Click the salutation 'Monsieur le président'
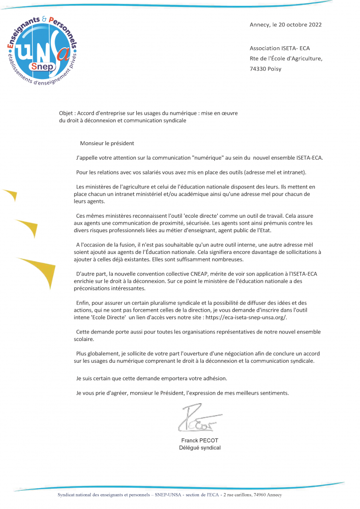tap(107, 144)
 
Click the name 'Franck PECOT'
tap(200, 441)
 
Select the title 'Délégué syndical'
tap(200, 448)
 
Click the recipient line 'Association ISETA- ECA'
tap(279, 48)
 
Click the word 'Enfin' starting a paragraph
tap(83, 303)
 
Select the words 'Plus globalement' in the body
tap(96, 353)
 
